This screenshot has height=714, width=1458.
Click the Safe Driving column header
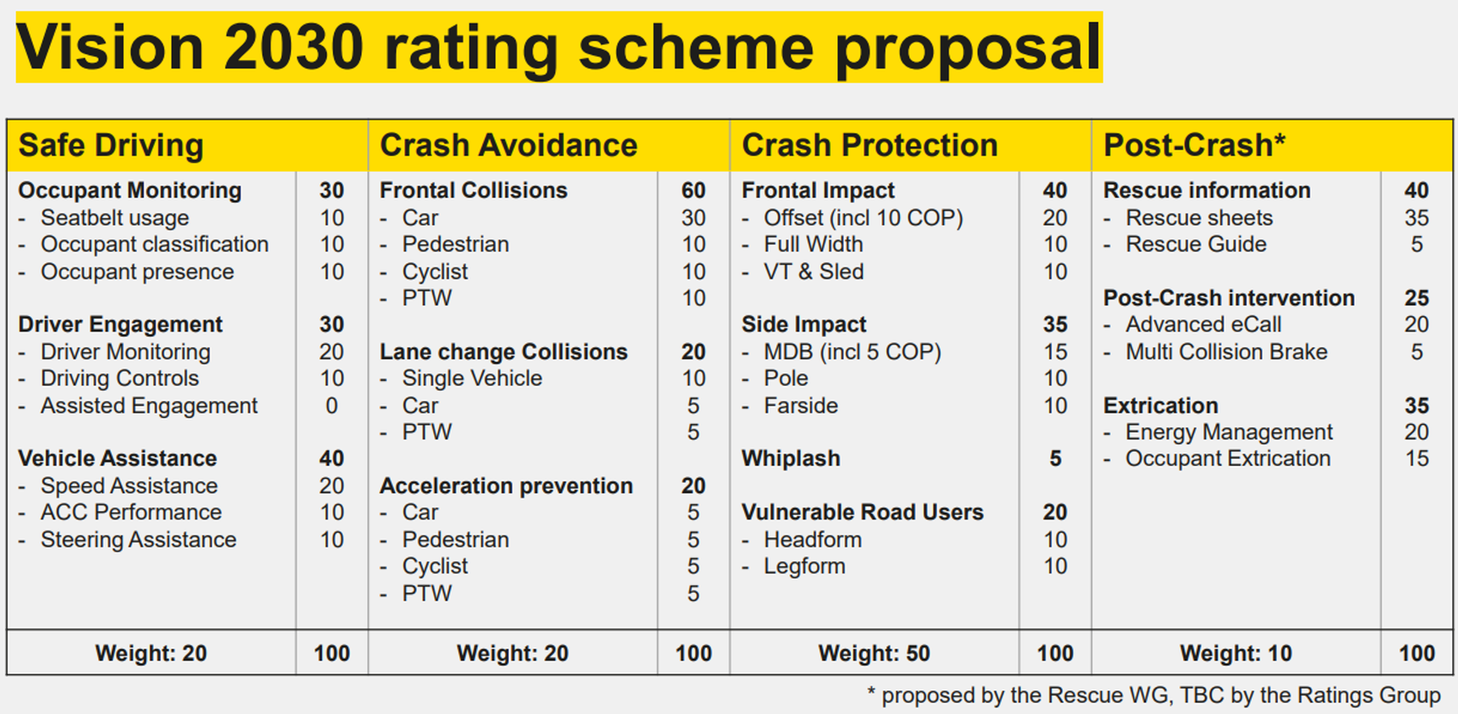(111, 146)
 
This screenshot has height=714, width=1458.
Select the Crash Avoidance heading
(508, 146)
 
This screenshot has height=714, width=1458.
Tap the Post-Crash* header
(1193, 146)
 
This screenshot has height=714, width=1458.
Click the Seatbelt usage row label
(114, 218)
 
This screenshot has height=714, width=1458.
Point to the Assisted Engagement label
(149, 406)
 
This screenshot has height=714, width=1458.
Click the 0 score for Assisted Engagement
(332, 406)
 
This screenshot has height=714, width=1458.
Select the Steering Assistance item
(138, 540)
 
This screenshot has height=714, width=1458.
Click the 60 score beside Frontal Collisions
(693, 190)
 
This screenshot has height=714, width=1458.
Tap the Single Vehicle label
(472, 378)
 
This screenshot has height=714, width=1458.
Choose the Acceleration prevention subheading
(506, 486)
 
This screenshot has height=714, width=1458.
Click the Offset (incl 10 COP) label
(863, 218)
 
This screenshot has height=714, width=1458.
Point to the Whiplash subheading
(791, 459)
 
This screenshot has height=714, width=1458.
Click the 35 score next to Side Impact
(1055, 325)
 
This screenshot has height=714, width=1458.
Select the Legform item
(804, 566)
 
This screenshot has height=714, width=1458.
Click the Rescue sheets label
(1198, 218)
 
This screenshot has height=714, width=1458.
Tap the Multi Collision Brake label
(1226, 352)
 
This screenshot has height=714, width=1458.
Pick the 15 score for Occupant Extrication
(1417, 459)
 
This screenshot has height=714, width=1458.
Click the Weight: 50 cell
(874, 653)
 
